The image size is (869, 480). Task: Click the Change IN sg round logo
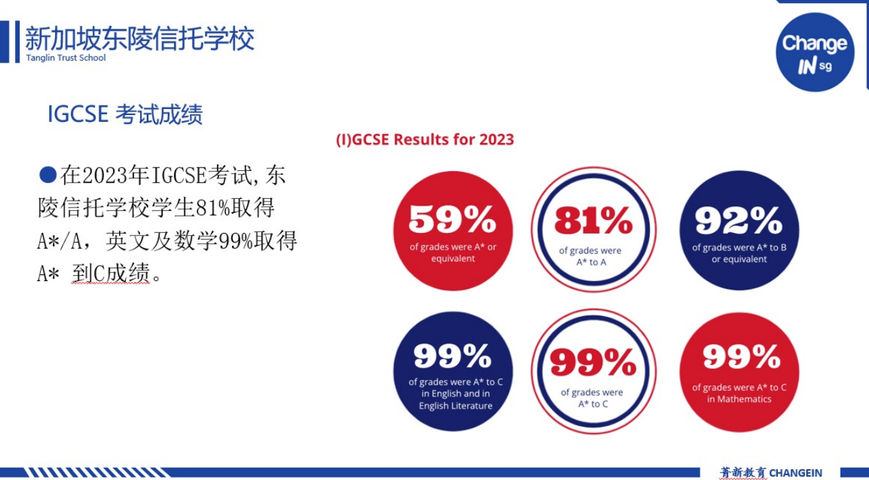point(815,52)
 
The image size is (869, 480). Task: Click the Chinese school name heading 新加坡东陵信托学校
point(140,38)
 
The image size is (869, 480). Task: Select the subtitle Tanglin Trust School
point(65,58)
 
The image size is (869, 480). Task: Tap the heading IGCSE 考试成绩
point(125,114)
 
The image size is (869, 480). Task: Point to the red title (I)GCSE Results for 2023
point(425,140)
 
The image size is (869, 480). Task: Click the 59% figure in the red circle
point(453,220)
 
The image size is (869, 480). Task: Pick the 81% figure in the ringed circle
point(593,221)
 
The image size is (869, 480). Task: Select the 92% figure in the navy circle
point(738,220)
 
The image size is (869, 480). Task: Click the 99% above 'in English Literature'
point(453,356)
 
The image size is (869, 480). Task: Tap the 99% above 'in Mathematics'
point(741,357)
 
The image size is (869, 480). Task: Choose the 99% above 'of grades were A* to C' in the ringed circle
point(593,362)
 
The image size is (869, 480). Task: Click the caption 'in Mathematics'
point(739,399)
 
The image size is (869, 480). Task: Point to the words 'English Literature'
point(455,406)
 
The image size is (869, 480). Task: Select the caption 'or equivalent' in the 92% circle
point(739,259)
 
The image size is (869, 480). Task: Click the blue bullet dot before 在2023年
point(48,174)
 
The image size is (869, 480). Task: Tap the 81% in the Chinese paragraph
point(213,208)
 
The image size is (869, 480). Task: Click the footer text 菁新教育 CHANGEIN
point(771,473)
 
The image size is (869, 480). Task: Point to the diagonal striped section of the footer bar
point(97,473)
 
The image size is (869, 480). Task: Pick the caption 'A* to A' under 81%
point(591,262)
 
